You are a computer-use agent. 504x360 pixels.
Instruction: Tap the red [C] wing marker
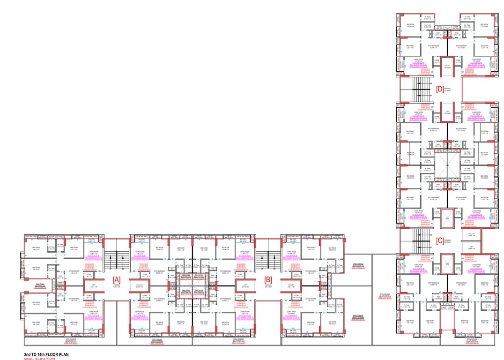[439, 240]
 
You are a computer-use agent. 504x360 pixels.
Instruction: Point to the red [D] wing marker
[439, 88]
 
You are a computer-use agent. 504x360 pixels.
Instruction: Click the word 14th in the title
[40, 355]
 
